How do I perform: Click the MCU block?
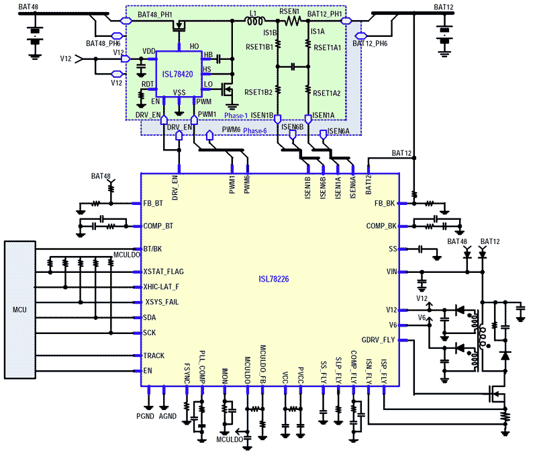(21, 310)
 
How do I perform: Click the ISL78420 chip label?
(176, 76)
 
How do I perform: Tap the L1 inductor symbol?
(256, 22)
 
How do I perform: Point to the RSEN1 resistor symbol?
(293, 22)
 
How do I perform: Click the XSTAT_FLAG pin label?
(163, 272)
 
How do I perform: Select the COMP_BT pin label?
(158, 226)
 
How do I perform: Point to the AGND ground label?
(168, 417)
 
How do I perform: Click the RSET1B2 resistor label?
(259, 92)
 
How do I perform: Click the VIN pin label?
(392, 272)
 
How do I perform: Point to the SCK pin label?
(150, 333)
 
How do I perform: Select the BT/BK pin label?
(154, 249)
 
